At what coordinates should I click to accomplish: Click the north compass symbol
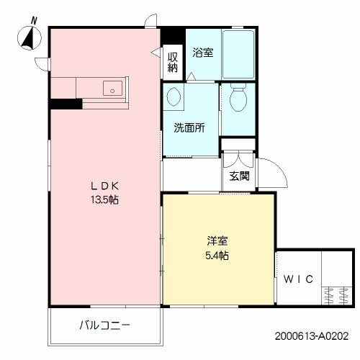[x=30, y=38]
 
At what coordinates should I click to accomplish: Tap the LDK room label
[x=105, y=186]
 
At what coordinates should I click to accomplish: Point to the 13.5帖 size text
[x=104, y=199]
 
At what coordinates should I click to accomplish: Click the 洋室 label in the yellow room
[x=217, y=241]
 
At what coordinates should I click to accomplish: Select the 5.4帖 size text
[x=217, y=256]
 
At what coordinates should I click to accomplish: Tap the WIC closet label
[x=298, y=279]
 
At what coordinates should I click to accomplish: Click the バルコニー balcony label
[x=104, y=325]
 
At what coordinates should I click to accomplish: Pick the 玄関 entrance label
[x=239, y=176]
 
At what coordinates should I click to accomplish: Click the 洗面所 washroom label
[x=189, y=127]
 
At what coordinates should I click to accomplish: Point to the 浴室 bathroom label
[x=203, y=53]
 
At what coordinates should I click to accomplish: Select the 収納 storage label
[x=173, y=62]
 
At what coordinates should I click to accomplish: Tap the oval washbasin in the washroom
[x=173, y=96]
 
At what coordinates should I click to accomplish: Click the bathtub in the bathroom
[x=238, y=54]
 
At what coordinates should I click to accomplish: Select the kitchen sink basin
[x=112, y=88]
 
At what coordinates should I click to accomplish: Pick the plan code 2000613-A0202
[x=312, y=336]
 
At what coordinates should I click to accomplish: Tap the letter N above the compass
[x=34, y=21]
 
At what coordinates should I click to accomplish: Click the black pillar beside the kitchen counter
[x=66, y=104]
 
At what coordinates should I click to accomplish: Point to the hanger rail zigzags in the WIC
[x=336, y=295]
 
